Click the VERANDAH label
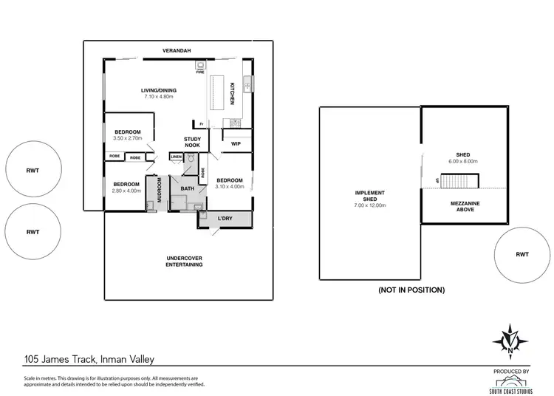[177, 50]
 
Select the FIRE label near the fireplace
[199, 72]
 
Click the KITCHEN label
[233, 92]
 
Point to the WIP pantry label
[236, 143]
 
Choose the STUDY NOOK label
[192, 142]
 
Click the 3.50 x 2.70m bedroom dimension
[126, 138]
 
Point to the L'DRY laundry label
[225, 219]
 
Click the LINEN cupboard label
[176, 157]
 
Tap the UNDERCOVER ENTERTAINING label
[184, 261]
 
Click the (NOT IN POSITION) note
[411, 290]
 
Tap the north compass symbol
[510, 340]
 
